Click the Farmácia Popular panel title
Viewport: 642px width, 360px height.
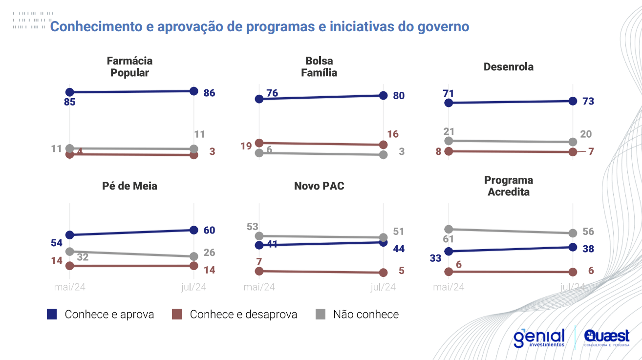point(129,67)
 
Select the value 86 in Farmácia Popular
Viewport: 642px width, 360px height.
point(209,93)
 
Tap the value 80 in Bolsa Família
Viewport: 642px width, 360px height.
point(399,96)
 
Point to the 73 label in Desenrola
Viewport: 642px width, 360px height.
point(588,102)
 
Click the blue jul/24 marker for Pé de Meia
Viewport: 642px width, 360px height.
point(193,230)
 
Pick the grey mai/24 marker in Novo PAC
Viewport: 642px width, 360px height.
point(259,236)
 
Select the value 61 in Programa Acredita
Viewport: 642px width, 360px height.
point(449,239)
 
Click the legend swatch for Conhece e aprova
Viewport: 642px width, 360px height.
point(52,315)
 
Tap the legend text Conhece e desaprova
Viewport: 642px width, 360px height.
point(243,315)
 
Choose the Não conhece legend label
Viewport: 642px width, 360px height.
point(365,315)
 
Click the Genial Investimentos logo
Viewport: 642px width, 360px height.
point(539,338)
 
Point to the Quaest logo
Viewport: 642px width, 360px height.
point(606,338)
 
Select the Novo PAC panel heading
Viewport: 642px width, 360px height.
point(319,186)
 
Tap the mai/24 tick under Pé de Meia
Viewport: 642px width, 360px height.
point(69,287)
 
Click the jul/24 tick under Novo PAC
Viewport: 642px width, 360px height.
point(383,287)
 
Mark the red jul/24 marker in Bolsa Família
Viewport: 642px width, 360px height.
point(383,145)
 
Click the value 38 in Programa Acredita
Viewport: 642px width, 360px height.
point(588,249)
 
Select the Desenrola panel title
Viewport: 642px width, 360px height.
point(508,67)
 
